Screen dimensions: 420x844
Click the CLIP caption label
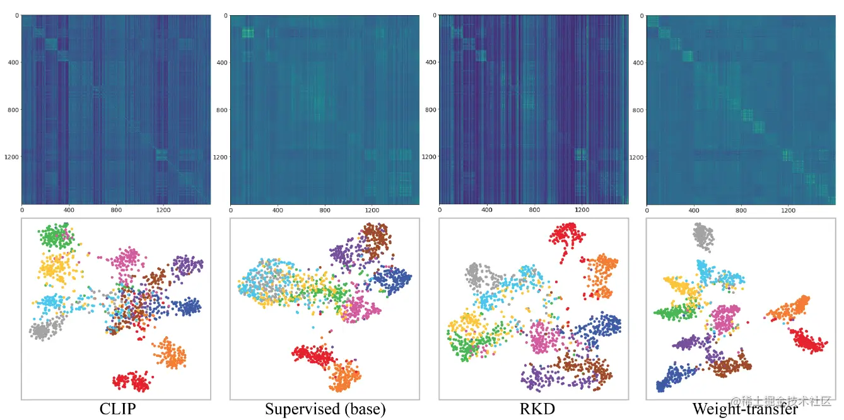117,409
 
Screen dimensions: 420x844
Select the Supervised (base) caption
325,409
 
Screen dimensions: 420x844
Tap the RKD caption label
537,409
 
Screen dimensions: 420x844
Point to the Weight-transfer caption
744,409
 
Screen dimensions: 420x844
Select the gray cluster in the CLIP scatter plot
42,329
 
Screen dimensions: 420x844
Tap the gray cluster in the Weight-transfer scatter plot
703,236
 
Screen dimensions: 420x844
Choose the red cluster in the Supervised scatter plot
314,356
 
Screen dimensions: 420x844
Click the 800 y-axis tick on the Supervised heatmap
221,110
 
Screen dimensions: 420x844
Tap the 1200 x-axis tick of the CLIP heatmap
163,210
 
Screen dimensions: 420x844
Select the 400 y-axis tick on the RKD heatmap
430,62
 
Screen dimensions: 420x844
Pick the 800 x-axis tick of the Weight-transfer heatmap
741,210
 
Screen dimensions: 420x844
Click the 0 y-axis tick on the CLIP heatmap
16,15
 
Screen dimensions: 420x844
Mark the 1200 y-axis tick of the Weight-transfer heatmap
636,157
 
